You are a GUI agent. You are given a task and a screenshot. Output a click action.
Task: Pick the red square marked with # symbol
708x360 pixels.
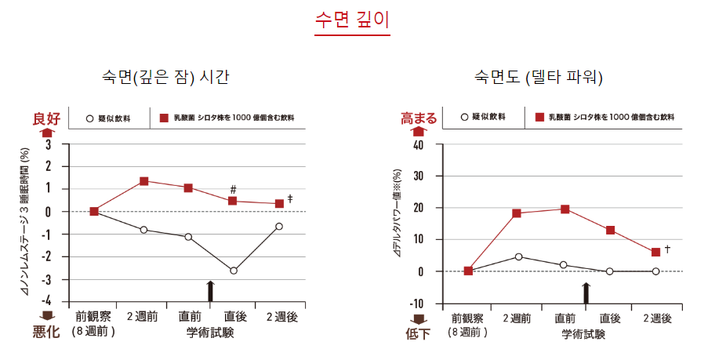click(233, 201)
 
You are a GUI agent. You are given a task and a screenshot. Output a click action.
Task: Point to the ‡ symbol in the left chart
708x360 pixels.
click(290, 198)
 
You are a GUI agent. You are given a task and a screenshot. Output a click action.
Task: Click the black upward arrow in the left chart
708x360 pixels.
click(210, 290)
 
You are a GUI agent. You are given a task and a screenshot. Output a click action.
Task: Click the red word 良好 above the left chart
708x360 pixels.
click(46, 118)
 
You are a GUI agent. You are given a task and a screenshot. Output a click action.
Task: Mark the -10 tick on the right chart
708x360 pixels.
click(416, 304)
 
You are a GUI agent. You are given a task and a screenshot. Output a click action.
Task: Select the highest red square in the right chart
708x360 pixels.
click(565, 209)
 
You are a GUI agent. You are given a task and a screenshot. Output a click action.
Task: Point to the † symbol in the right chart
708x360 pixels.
click(667, 249)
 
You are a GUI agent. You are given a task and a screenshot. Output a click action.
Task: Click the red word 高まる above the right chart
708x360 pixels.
click(419, 118)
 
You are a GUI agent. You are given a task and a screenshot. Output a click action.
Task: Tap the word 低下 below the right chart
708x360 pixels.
click(418, 334)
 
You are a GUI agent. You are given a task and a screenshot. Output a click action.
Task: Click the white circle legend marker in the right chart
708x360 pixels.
click(465, 117)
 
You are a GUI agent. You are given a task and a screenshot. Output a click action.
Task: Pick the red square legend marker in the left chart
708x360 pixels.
click(165, 118)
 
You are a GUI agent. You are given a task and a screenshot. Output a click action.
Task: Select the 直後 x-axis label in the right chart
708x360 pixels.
click(610, 318)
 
